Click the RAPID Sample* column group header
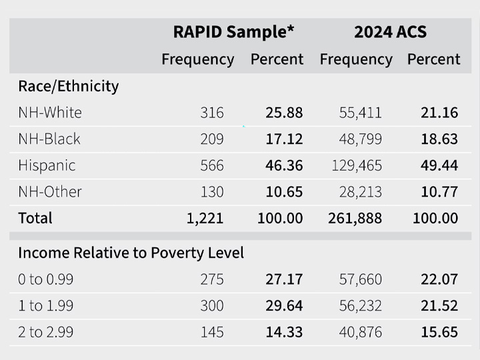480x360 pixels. (x=233, y=32)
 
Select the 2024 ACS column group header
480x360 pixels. (x=390, y=32)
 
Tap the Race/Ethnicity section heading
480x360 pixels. (x=68, y=86)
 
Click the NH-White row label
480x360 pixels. (x=50, y=113)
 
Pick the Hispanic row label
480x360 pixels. (x=47, y=165)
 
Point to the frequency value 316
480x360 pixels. (x=212, y=113)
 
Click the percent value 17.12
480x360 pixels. (x=284, y=139)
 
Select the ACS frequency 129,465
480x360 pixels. (x=356, y=165)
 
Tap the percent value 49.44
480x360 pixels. (x=439, y=165)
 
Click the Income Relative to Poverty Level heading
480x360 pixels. (x=131, y=253)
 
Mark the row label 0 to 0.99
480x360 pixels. (x=45, y=279)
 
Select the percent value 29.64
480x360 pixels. (x=284, y=306)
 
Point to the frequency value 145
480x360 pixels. (x=212, y=332)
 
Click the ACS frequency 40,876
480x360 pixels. (x=361, y=332)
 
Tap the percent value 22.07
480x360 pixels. (x=439, y=279)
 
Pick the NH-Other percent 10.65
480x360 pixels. (x=284, y=192)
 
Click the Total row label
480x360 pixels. (x=35, y=218)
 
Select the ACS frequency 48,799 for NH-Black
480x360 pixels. (x=360, y=139)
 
